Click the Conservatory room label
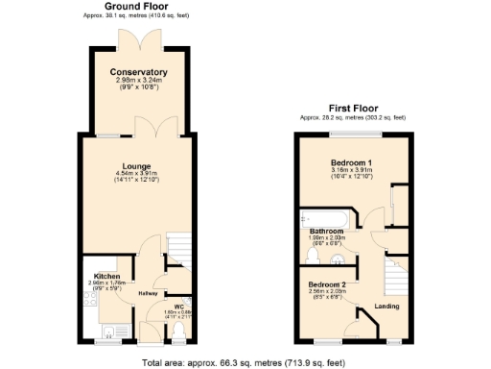coord(139,72)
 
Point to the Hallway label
coord(148,293)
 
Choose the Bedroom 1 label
coord(352,163)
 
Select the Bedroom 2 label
coord(328,285)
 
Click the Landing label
coord(386,306)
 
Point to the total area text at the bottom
coord(243,362)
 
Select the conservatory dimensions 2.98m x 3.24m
coord(139,81)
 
